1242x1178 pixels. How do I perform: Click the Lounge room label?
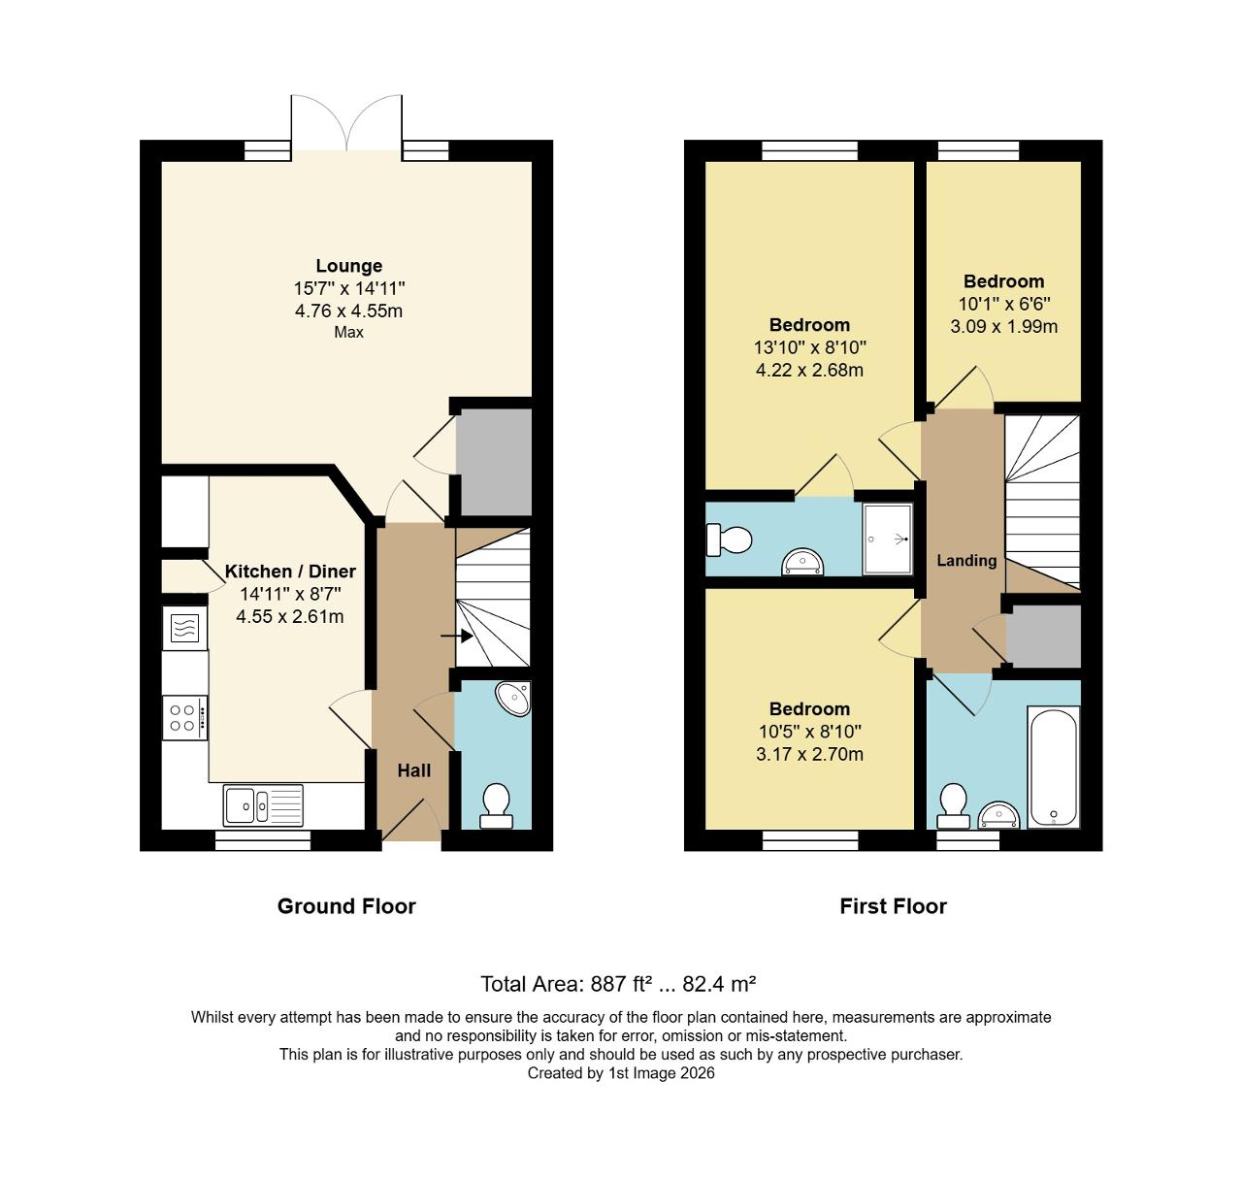[348, 266]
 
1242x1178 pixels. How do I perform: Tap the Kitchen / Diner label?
[290, 572]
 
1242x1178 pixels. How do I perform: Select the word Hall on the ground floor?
[414, 770]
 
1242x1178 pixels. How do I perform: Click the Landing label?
[966, 560]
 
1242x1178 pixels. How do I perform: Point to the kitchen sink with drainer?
[263, 804]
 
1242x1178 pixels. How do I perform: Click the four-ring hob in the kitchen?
[184, 718]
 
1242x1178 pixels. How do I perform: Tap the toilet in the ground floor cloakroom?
[497, 806]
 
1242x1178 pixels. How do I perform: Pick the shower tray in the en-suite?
[887, 539]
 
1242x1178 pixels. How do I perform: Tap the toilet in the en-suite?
[729, 540]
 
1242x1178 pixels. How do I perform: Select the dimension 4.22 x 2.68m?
[809, 370]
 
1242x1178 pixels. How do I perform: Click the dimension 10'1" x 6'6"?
[1003, 304]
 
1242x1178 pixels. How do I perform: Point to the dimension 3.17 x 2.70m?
[809, 754]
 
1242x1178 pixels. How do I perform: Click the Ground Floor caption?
[346, 906]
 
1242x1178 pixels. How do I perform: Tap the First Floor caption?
[893, 906]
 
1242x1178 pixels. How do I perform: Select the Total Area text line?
[618, 984]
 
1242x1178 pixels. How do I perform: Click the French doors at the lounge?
[347, 124]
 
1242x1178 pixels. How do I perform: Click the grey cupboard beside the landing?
[1043, 636]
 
